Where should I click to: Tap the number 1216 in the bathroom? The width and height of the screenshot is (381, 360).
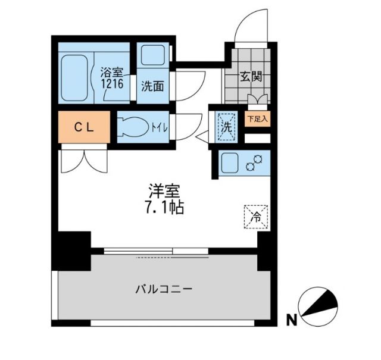112,84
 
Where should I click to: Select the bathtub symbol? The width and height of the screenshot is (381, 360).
76,77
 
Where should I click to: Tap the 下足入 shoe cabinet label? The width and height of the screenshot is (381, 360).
258,118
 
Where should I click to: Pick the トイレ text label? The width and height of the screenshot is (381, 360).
160,127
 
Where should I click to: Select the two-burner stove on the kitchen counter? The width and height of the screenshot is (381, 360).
256,163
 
